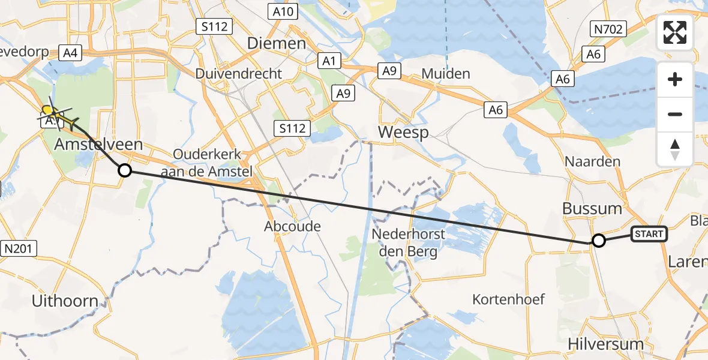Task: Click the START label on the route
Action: (x=649, y=234)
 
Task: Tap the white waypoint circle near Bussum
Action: (x=598, y=241)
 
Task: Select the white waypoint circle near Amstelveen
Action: (x=124, y=170)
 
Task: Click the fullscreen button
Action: (x=675, y=32)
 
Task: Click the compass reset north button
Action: (x=675, y=149)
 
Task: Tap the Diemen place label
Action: (x=277, y=43)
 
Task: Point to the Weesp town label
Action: (x=403, y=132)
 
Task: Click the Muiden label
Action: (x=445, y=74)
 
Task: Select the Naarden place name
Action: (x=592, y=161)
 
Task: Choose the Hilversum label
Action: (x=605, y=344)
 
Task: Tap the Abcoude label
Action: (x=293, y=226)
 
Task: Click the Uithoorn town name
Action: (x=65, y=301)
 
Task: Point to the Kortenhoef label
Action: (x=508, y=298)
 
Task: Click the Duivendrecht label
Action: (x=238, y=74)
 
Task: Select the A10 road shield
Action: (x=279, y=11)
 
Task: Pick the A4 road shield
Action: (x=70, y=53)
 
